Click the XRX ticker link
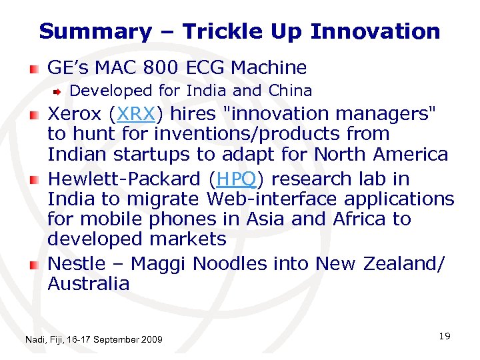click(136, 114)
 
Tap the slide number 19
click(445, 336)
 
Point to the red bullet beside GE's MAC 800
click(33, 69)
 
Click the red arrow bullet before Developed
click(57, 91)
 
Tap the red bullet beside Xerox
click(33, 115)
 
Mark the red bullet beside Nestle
click(33, 265)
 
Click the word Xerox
click(75, 114)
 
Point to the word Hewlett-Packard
click(125, 179)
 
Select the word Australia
click(89, 284)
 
